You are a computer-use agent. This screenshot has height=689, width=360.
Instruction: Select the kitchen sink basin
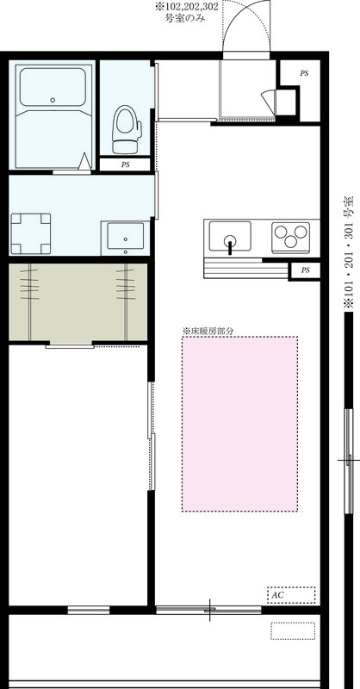[x=230, y=234]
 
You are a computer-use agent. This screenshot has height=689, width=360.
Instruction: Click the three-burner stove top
[x=290, y=234]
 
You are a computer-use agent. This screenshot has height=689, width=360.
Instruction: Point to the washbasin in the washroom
[x=127, y=235]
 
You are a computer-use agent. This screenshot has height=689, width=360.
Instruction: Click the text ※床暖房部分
[x=208, y=330]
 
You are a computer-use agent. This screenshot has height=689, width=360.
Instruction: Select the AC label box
[x=290, y=594]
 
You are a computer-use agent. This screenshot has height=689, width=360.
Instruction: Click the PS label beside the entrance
[x=303, y=74]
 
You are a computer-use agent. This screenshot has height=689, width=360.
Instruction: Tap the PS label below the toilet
[x=125, y=164]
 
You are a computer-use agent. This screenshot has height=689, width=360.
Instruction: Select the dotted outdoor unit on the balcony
[x=292, y=630]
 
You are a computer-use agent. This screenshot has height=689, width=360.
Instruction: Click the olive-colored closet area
[x=78, y=301]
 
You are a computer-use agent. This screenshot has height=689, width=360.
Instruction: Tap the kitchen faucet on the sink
[x=230, y=246]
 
